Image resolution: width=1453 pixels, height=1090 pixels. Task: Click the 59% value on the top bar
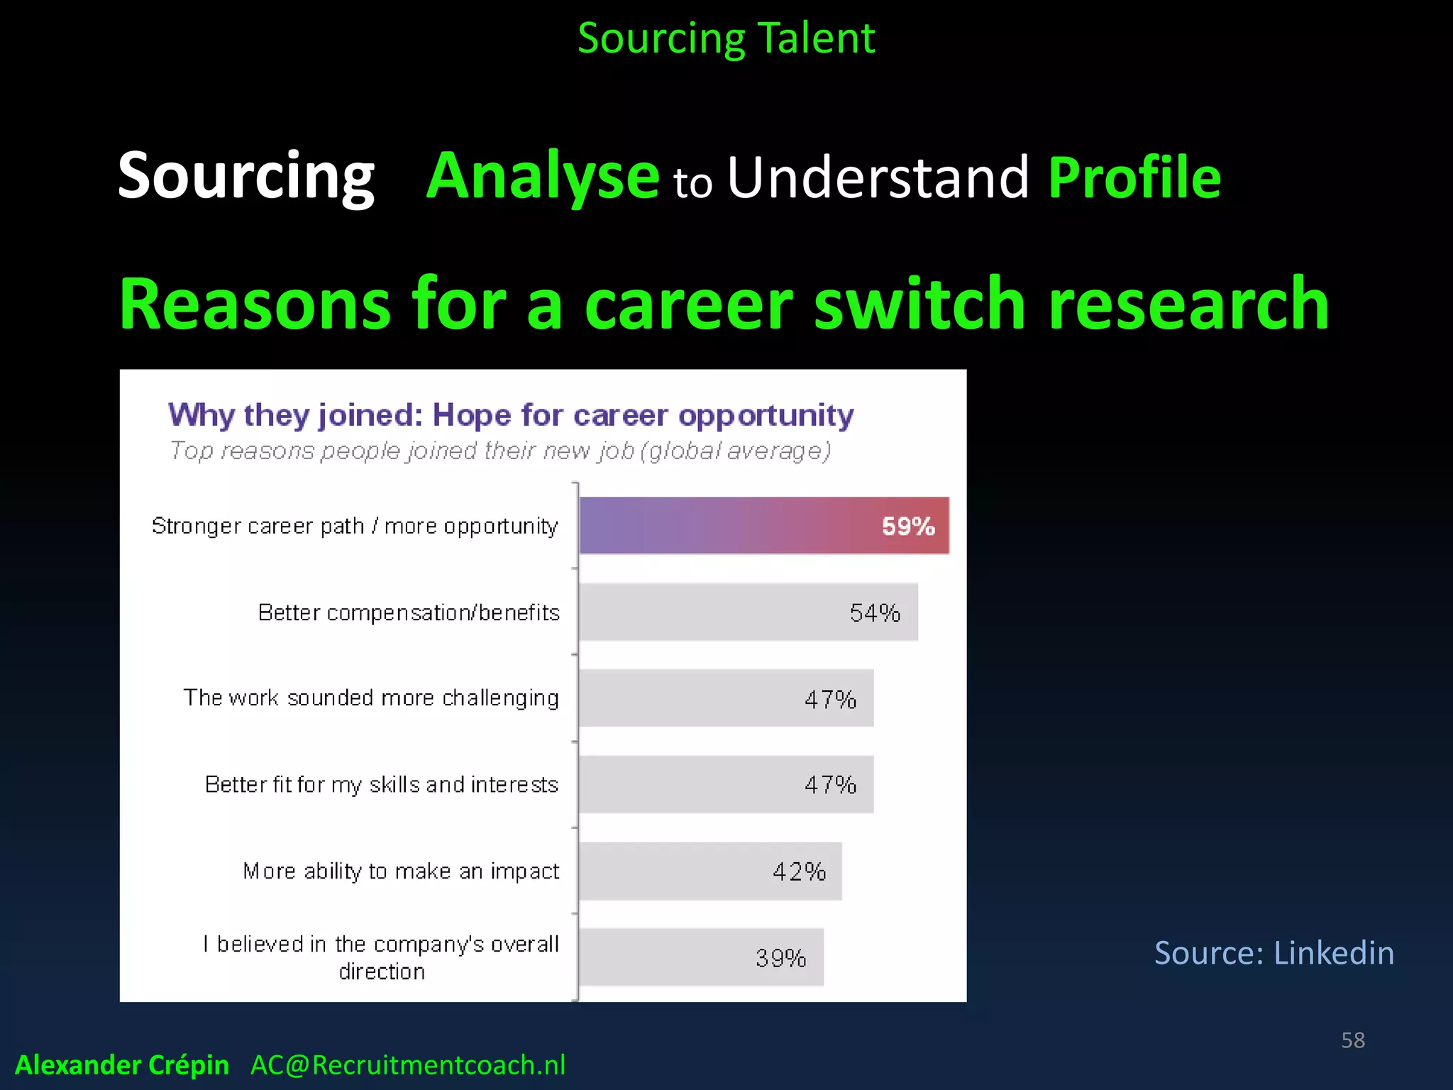(907, 526)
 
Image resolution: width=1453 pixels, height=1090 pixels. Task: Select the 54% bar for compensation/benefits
(748, 612)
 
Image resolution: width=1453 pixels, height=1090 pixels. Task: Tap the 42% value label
(799, 871)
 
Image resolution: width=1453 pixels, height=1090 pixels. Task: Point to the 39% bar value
(780, 958)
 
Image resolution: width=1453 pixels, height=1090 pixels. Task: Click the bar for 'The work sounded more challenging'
(726, 698)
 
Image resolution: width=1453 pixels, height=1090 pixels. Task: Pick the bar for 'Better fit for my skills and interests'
(726, 785)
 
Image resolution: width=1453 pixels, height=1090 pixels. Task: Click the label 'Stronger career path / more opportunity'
(355, 527)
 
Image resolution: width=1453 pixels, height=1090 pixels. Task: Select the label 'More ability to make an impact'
(401, 871)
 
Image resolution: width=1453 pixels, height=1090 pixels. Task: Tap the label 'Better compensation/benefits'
(409, 612)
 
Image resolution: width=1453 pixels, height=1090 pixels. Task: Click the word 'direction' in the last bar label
(382, 971)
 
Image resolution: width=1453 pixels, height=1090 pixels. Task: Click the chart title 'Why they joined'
(511, 415)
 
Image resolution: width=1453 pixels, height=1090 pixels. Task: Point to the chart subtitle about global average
(500, 451)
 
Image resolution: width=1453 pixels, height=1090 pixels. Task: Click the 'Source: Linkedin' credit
(1274, 952)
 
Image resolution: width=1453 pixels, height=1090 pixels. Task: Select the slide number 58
(1353, 1040)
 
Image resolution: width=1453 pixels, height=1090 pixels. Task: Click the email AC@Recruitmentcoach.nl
(408, 1065)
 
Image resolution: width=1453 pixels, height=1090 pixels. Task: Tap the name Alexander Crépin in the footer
(122, 1065)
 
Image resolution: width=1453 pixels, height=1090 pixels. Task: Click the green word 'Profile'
(1134, 177)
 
